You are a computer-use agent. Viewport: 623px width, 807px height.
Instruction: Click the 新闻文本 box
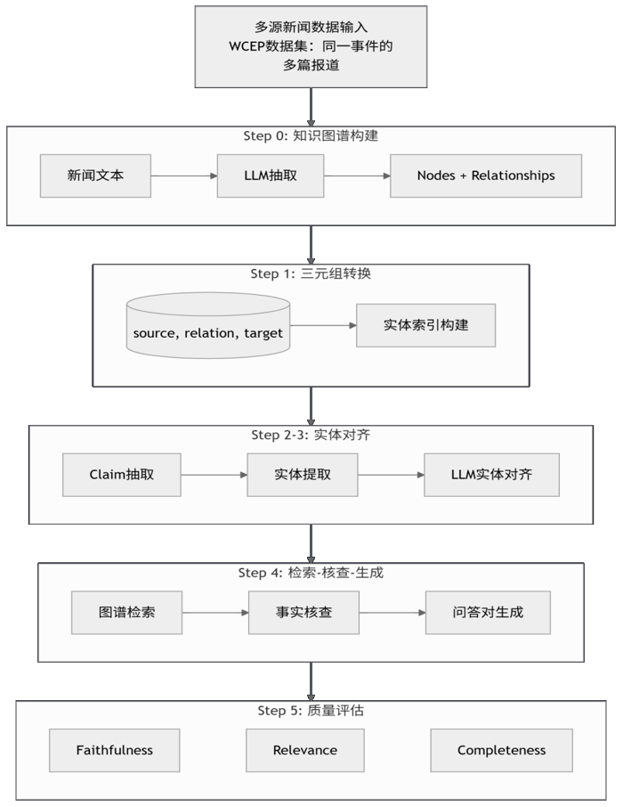tap(95, 175)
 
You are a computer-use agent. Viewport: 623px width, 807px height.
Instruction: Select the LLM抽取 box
tap(271, 175)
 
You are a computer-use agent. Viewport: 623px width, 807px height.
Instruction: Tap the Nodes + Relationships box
tap(486, 175)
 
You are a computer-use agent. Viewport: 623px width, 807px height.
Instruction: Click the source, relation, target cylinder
tap(208, 325)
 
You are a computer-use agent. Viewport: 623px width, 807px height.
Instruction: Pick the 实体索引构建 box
tap(426, 325)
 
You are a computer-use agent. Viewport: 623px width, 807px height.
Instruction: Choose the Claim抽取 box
tap(121, 475)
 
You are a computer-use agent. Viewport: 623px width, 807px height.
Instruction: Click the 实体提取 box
tap(303, 475)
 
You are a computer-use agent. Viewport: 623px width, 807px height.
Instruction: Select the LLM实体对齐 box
tap(491, 475)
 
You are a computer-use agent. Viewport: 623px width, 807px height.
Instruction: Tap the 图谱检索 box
tap(126, 613)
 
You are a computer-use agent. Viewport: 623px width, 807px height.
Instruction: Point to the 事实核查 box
tap(303, 613)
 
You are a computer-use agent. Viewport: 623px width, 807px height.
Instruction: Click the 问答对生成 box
tap(488, 613)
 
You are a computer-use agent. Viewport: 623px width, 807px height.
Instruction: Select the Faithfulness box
tap(114, 750)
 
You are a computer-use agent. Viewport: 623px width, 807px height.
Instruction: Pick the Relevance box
tap(305, 750)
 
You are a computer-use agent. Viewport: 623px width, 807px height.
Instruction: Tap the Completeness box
tap(502, 750)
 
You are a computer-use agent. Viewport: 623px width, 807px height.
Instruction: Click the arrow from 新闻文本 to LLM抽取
tap(184, 176)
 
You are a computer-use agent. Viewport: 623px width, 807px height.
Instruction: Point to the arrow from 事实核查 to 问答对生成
tap(392, 613)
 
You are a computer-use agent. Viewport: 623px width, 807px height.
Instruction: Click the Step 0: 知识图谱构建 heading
tap(311, 136)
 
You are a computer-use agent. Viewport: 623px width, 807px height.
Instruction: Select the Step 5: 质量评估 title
tap(311, 711)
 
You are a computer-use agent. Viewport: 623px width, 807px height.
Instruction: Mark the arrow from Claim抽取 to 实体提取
tap(214, 475)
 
